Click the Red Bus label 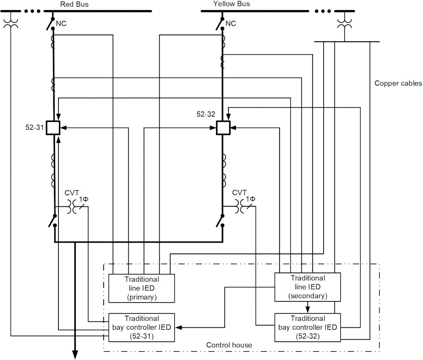(x=74, y=4)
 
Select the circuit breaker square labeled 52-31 (x=54, y=127)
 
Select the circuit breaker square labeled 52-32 (x=223, y=127)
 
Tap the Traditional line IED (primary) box (x=141, y=288)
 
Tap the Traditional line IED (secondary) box (x=307, y=287)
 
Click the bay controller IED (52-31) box (x=141, y=327)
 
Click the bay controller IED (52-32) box (x=307, y=327)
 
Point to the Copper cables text (x=398, y=83)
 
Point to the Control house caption (x=229, y=345)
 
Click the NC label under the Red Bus (x=61, y=24)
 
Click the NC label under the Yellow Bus (x=231, y=24)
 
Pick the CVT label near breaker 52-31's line (x=72, y=193)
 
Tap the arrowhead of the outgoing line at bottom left (x=75, y=354)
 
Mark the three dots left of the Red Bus (x=32, y=11)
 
